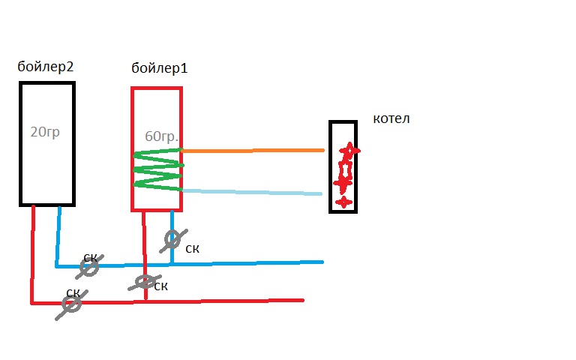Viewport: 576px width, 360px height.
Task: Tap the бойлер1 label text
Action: pos(158,68)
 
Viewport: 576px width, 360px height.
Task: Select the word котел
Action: pos(391,119)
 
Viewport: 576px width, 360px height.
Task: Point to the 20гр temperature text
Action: pos(44,133)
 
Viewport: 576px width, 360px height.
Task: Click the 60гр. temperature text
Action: pos(161,138)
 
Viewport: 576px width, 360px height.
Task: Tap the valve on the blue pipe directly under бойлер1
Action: pos(172,239)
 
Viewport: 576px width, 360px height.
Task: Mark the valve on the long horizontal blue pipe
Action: pos(89,267)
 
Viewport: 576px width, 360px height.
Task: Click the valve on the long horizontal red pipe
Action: pos(71,304)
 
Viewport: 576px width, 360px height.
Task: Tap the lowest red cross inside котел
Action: pos(343,202)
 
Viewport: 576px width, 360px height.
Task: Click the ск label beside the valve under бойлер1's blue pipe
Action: pos(193,248)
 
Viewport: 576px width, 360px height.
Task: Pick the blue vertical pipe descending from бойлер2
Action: pos(58,235)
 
